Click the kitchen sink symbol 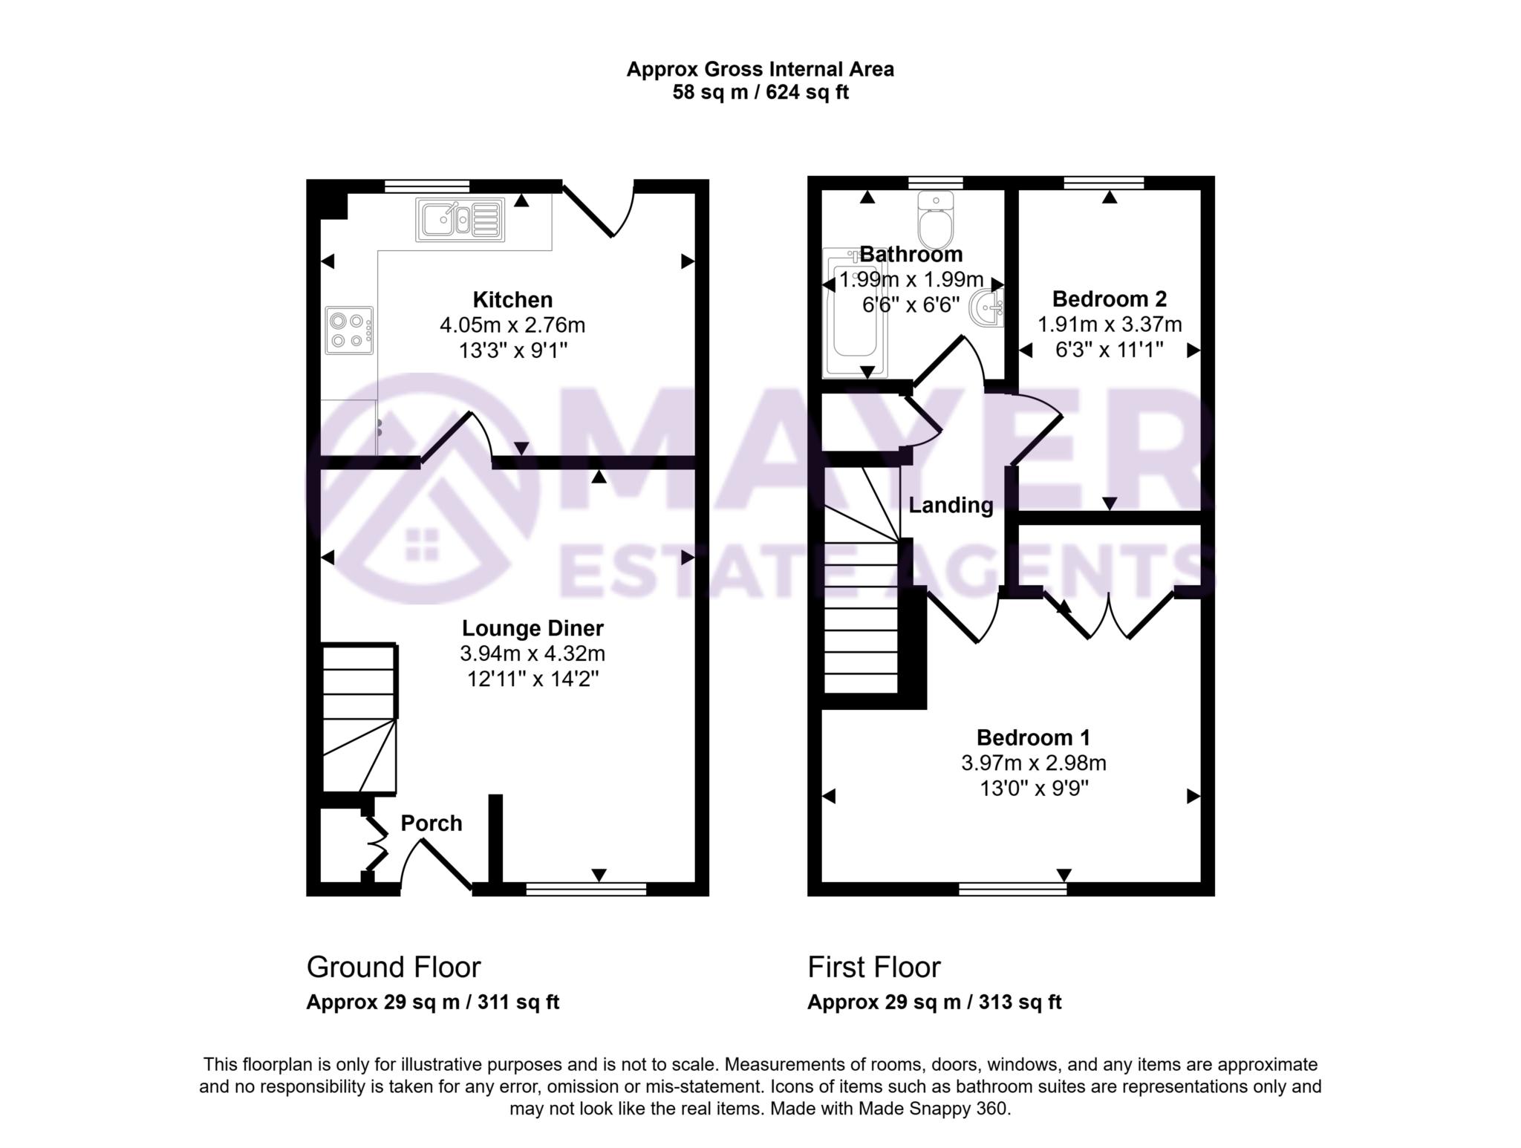460,219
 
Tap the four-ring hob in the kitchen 349,330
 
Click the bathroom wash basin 989,307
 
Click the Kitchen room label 512,300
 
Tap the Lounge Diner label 532,628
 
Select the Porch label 431,823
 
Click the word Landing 951,506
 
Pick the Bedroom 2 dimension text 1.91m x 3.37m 1110,324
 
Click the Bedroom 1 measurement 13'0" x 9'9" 1034,788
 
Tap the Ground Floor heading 394,968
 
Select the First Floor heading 873,968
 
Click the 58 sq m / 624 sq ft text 760,93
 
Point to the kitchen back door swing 602,212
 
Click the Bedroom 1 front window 1012,889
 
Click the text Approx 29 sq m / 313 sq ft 934,1002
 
